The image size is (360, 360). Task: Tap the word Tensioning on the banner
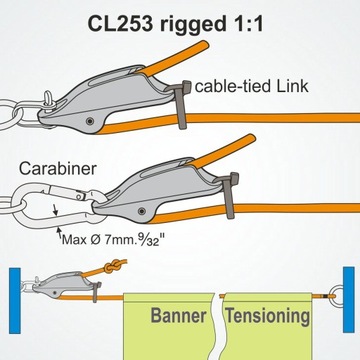(x=268, y=317)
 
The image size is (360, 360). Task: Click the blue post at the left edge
(x=13, y=298)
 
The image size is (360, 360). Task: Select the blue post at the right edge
(x=346, y=298)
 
